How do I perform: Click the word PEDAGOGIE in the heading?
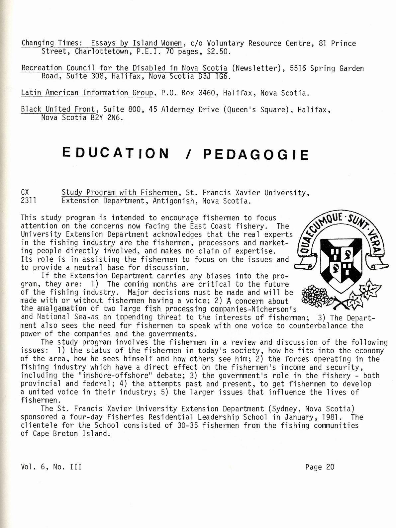coord(256,154)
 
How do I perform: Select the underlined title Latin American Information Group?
coord(87,93)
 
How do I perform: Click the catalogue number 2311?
coord(29,201)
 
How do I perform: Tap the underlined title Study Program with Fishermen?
coord(120,193)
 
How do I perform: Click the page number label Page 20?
coord(320,467)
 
